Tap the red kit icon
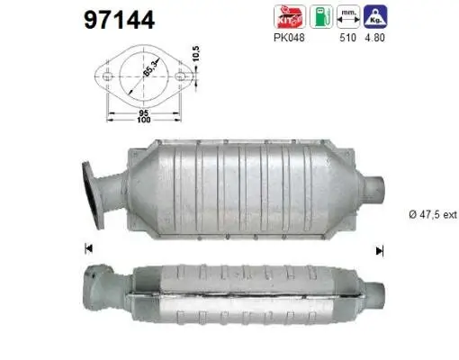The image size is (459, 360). [x=283, y=16]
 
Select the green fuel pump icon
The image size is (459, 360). [x=319, y=16]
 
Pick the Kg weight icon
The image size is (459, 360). [x=382, y=16]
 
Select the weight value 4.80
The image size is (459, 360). [x=382, y=39]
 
